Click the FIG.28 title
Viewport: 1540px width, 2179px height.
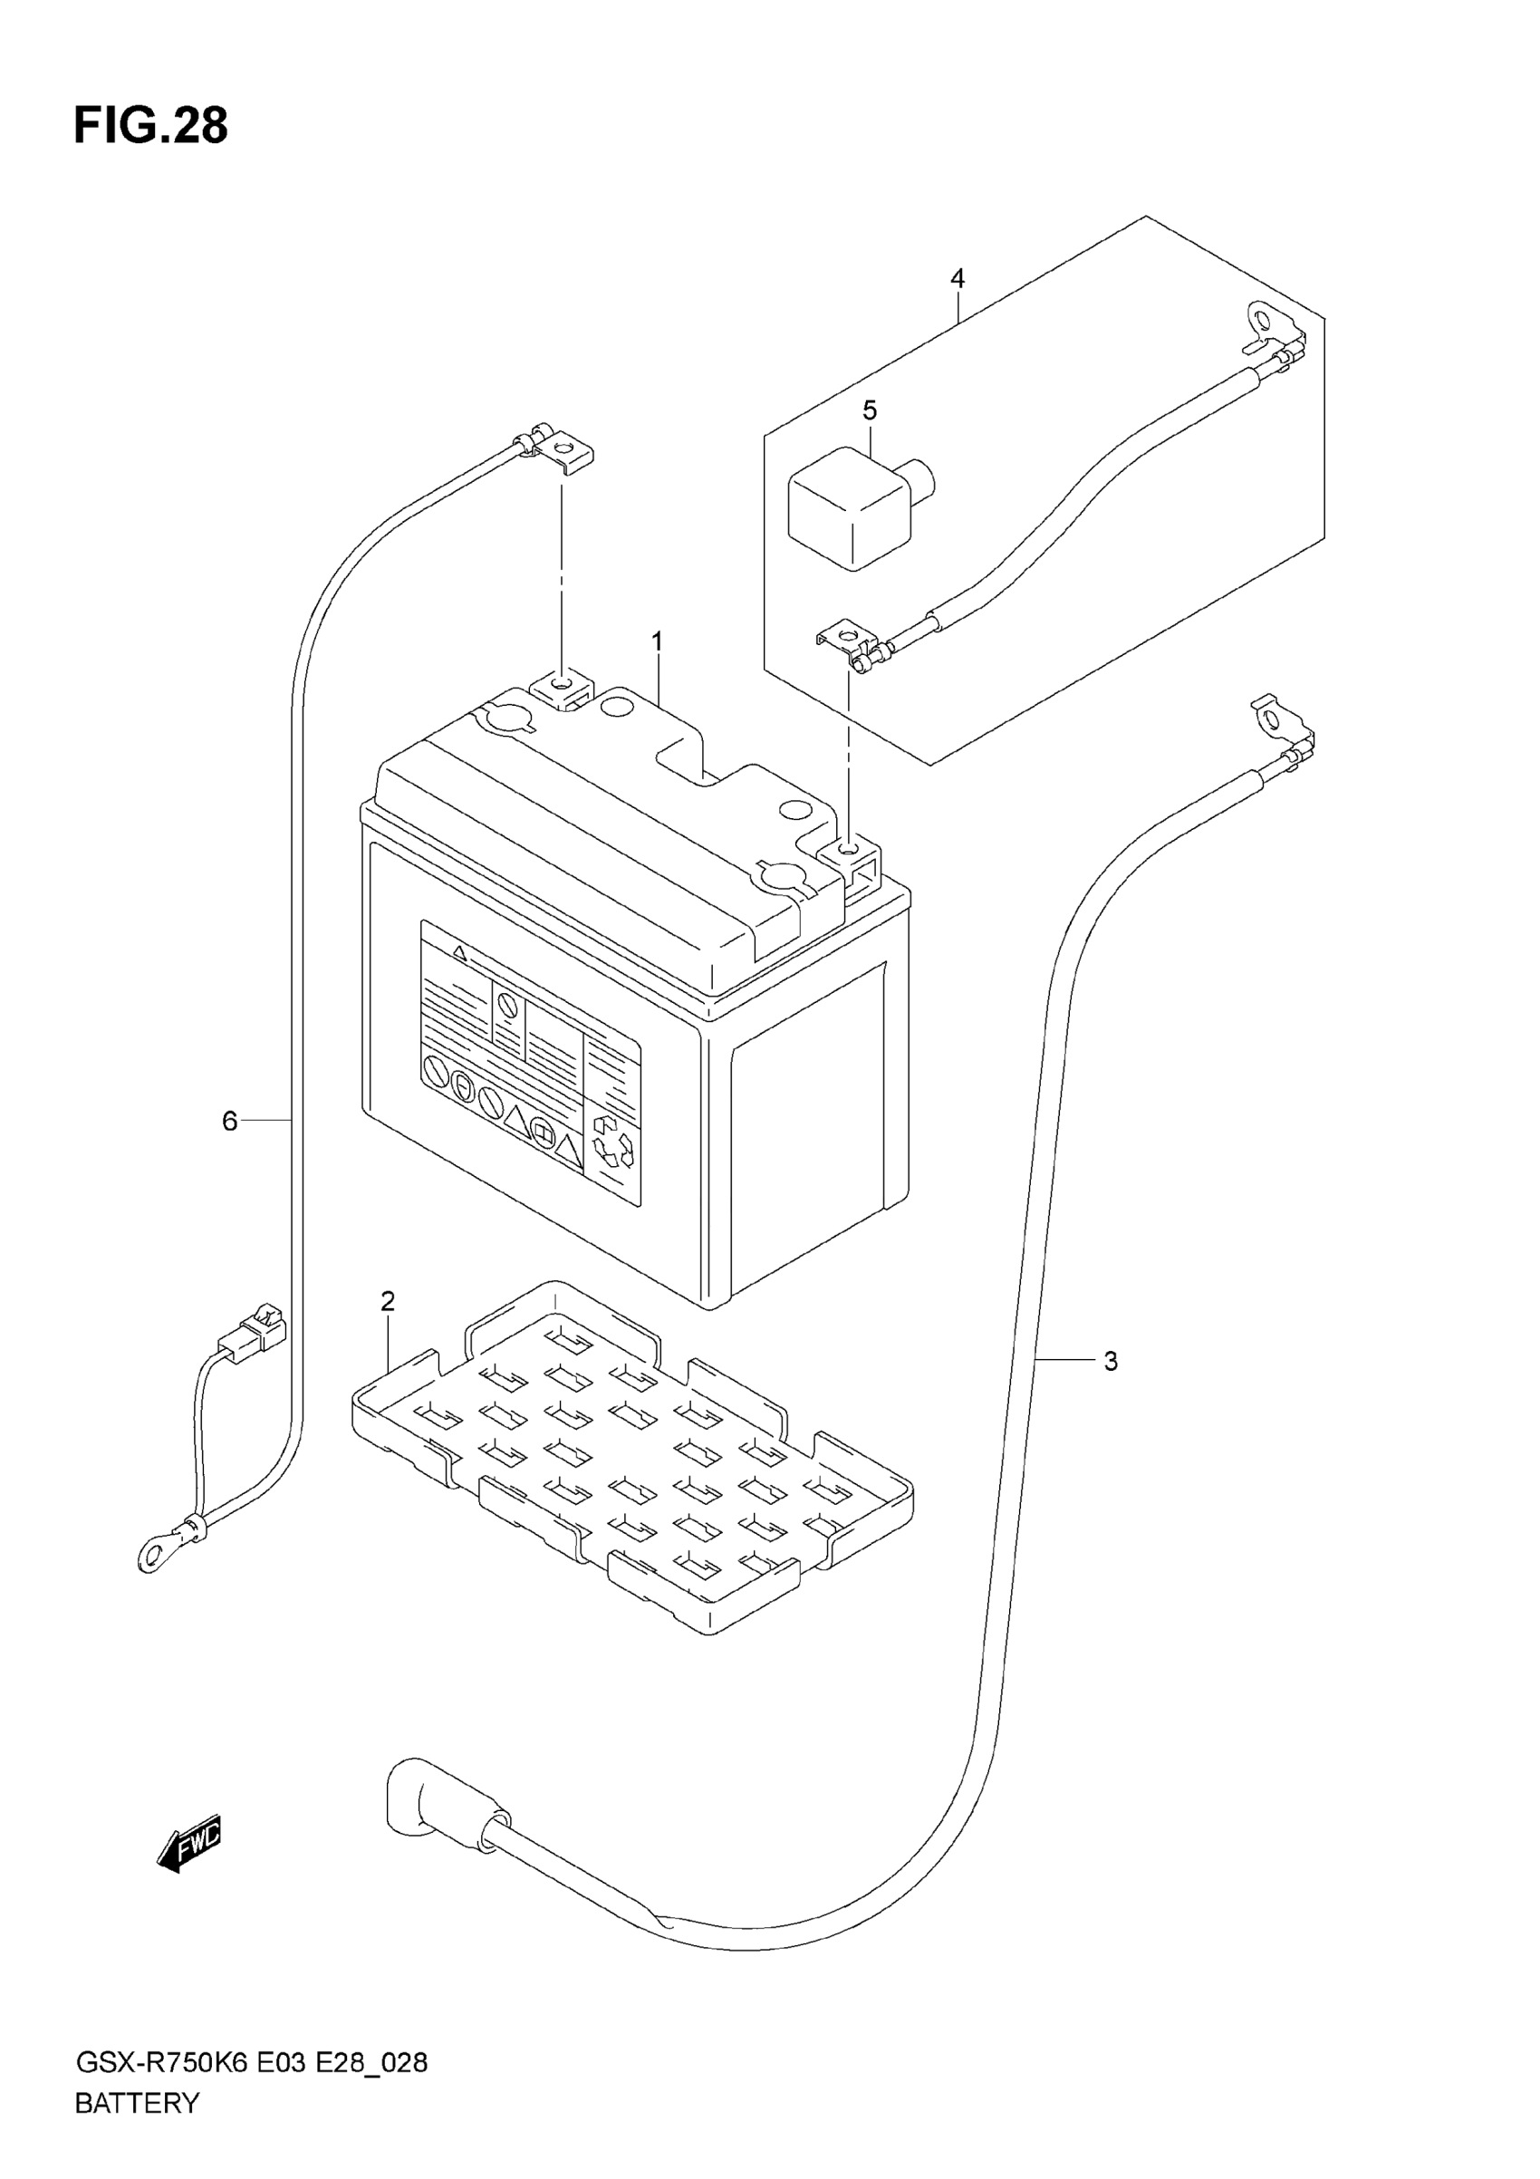(x=151, y=125)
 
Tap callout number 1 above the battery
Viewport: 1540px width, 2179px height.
(x=657, y=642)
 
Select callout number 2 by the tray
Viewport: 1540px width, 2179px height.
(x=387, y=1301)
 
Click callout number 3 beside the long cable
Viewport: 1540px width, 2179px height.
(x=1112, y=1362)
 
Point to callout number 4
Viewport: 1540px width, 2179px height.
(x=958, y=279)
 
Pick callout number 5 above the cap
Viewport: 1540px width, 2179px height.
(x=869, y=411)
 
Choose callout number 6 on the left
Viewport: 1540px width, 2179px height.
(x=229, y=1122)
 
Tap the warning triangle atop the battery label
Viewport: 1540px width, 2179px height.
(x=459, y=950)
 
